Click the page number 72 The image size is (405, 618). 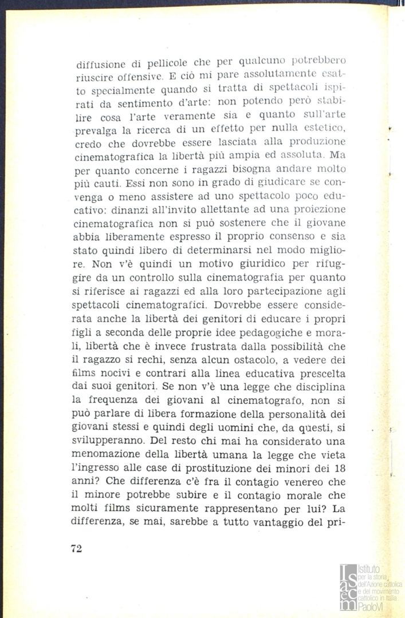77,548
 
